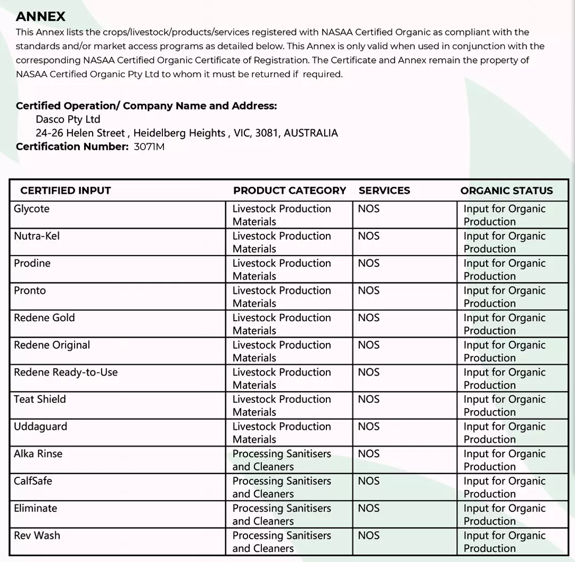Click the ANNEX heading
(41, 17)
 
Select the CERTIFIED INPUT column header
(65, 191)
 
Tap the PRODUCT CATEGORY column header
(289, 191)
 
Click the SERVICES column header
(384, 191)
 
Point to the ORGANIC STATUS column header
(506, 191)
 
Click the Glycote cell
(32, 209)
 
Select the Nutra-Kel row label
(37, 236)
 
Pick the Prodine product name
(32, 263)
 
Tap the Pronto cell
(30, 290)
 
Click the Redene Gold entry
(44, 317)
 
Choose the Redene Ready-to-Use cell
(65, 372)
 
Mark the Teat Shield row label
(40, 400)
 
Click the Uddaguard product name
(40, 427)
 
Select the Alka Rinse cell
(38, 454)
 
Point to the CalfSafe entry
(33, 481)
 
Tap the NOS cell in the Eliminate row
(368, 508)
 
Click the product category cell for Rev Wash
(281, 542)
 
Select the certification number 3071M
(149, 147)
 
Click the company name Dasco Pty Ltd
(68, 119)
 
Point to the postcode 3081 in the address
(266, 133)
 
